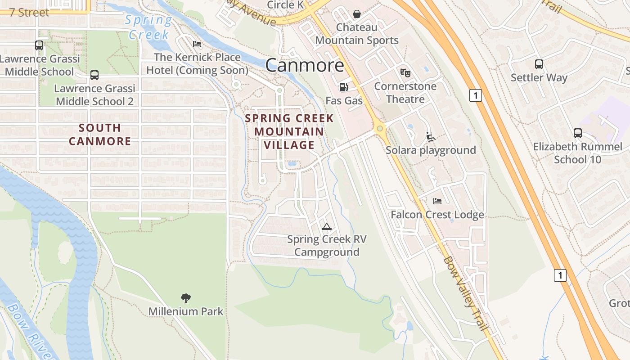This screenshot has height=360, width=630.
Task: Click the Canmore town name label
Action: (x=305, y=65)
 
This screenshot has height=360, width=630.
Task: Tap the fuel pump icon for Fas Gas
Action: (x=343, y=87)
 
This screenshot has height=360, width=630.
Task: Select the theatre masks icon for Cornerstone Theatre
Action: (x=405, y=72)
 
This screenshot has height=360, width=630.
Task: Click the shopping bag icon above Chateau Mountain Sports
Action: (x=357, y=14)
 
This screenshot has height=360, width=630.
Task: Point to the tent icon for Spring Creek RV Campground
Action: (x=327, y=226)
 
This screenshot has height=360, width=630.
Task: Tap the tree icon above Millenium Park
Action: (x=185, y=298)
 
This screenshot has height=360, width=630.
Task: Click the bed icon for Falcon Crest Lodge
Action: (x=437, y=201)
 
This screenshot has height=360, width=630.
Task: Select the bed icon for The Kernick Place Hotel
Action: (x=197, y=44)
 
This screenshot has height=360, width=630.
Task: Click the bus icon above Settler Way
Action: (x=539, y=64)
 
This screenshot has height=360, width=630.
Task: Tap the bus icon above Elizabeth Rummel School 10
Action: (x=578, y=133)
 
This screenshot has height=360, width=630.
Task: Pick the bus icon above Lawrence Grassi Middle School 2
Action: (x=94, y=75)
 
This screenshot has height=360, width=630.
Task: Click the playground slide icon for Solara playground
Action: (x=430, y=137)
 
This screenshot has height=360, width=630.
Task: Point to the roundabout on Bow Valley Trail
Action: (x=380, y=129)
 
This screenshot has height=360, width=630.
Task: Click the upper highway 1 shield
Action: (x=476, y=95)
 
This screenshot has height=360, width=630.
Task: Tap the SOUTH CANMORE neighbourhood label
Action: (x=100, y=135)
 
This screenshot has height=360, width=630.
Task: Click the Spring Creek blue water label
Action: (x=148, y=27)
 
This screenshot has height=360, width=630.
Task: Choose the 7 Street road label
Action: (x=29, y=13)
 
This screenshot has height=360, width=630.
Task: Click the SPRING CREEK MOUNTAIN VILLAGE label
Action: (x=289, y=131)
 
